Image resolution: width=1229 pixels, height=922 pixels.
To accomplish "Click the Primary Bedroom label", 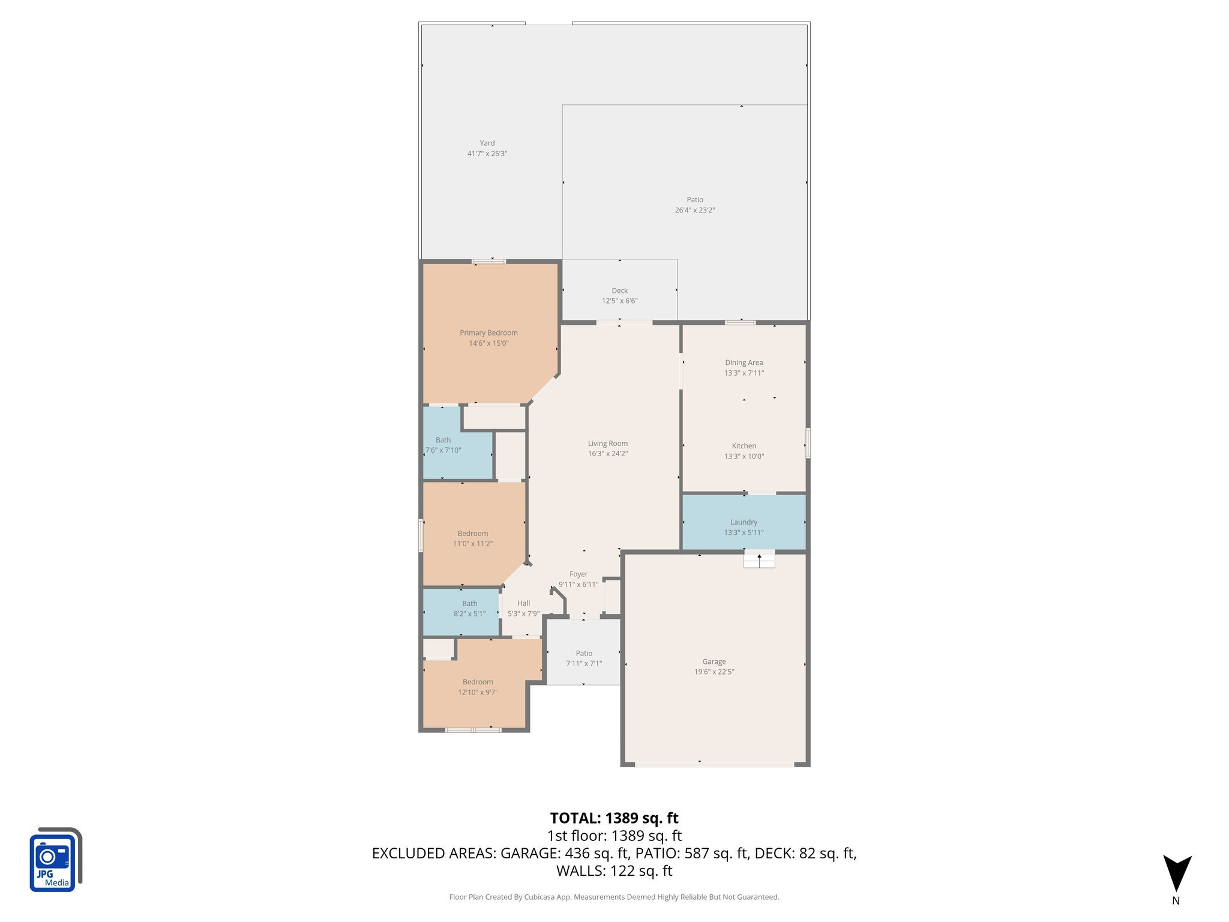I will (x=488, y=333).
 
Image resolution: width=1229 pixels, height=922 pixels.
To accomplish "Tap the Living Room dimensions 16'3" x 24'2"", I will (x=607, y=454).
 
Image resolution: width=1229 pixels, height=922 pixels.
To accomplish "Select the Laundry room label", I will (x=744, y=522).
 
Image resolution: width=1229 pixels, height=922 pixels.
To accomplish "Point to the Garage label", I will (x=714, y=661).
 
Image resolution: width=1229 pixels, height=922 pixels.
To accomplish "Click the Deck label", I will (x=619, y=291).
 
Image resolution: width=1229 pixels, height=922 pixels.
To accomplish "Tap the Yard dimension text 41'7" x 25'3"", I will (x=487, y=154).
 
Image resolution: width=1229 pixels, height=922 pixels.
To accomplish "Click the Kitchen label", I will (x=744, y=446).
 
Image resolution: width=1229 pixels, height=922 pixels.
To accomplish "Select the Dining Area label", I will (x=744, y=363).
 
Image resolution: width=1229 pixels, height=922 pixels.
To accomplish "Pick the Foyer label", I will (x=578, y=574).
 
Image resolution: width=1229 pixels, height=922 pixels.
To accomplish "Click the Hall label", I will (x=523, y=603).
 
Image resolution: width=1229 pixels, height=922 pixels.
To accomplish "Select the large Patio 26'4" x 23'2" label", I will (x=695, y=200).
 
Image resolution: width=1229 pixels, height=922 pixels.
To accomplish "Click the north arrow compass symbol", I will (x=1177, y=874).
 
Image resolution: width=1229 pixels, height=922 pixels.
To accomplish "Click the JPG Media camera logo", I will (x=55, y=860).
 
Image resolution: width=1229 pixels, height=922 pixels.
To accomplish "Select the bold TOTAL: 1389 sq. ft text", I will (x=614, y=818).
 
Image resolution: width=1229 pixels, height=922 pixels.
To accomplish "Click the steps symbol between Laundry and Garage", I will (x=759, y=559).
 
